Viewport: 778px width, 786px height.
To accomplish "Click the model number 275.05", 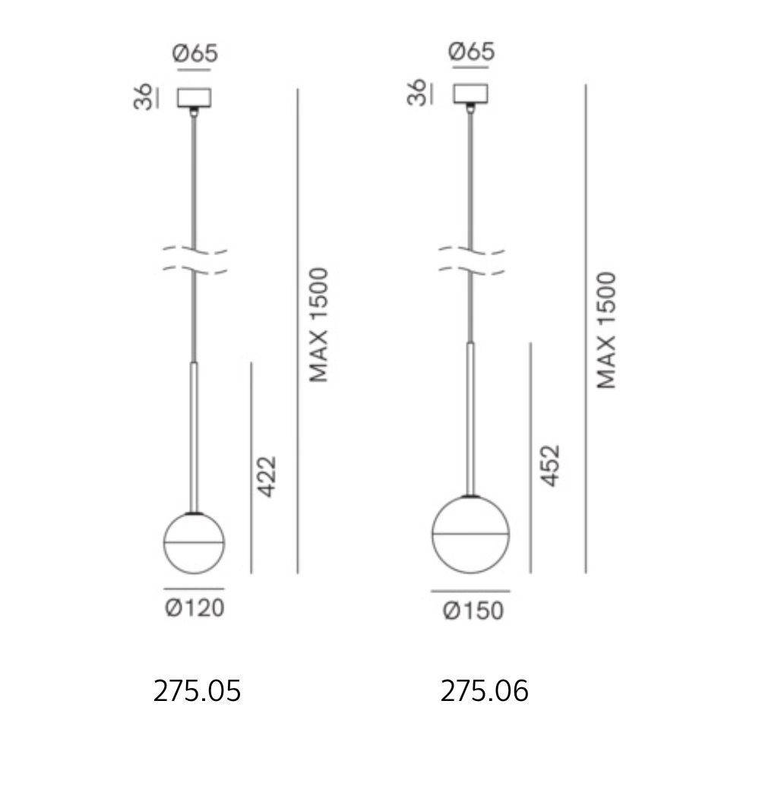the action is [197, 691].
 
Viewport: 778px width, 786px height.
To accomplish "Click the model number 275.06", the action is [485, 691].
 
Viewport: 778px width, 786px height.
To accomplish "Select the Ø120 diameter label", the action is [194, 608].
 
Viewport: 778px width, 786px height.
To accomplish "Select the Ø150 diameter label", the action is [473, 611].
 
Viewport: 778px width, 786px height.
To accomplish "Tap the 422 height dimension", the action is [267, 477].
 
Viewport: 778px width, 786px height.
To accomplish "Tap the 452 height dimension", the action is [550, 466].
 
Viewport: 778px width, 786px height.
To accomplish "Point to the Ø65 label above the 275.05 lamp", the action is [195, 53].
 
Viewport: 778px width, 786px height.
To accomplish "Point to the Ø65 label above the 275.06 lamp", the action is [472, 51].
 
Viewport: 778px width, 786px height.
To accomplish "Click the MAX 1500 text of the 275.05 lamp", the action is [318, 325].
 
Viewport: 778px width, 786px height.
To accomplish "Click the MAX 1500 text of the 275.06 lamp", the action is [606, 330].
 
